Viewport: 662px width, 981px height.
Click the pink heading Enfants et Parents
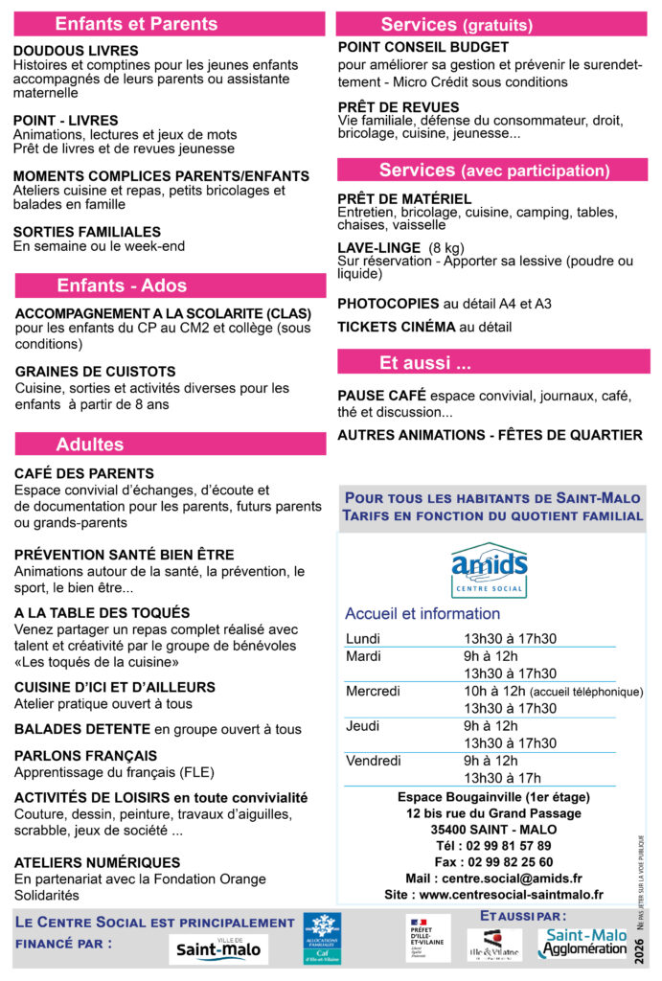tap(136, 24)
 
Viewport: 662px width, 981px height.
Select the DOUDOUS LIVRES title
tap(76, 51)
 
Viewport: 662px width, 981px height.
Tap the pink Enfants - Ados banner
tap(122, 285)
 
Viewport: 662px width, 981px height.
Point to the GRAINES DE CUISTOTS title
tap(96, 372)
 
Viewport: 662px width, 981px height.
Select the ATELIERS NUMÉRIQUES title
tap(97, 862)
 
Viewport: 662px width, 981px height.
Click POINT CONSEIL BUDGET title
tap(423, 47)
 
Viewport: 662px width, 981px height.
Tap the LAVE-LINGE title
tap(378, 247)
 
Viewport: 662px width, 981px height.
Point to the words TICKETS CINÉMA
tap(396, 327)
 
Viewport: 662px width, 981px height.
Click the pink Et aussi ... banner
tap(425, 363)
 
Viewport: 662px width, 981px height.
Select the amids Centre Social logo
tap(490, 570)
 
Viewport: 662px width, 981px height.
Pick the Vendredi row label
tap(373, 761)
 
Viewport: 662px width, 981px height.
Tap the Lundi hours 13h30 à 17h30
tap(510, 639)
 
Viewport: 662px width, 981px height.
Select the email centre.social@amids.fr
tap(520, 878)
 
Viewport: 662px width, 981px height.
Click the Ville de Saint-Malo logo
tap(218, 949)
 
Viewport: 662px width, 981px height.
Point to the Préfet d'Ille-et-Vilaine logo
tap(427, 938)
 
